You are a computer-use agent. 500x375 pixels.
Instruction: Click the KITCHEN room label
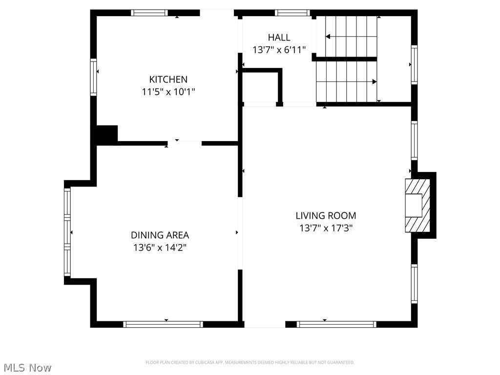click(x=168, y=79)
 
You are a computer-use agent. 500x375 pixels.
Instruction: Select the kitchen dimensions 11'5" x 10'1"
click(x=168, y=91)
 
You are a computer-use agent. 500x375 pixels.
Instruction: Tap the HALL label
click(x=279, y=38)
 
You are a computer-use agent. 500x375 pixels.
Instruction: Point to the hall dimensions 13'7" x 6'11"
click(x=279, y=50)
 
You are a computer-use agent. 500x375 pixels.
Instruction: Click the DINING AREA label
click(x=160, y=235)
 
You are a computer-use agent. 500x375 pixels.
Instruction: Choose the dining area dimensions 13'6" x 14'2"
click(x=160, y=248)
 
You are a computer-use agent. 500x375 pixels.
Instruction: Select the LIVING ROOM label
click(x=326, y=215)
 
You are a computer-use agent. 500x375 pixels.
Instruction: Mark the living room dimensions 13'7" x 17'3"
click(x=326, y=228)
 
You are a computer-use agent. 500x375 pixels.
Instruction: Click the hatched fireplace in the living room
click(x=417, y=206)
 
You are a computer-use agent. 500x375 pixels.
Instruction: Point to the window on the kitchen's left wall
click(x=93, y=77)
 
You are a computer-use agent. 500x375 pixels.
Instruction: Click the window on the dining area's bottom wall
click(x=163, y=324)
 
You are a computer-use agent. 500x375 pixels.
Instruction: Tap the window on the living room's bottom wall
click(x=337, y=324)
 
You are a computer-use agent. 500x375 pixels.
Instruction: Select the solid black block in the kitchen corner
click(x=107, y=135)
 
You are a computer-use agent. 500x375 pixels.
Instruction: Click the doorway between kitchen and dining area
click(x=185, y=143)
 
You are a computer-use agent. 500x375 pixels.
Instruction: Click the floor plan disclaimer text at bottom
click(x=250, y=362)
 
